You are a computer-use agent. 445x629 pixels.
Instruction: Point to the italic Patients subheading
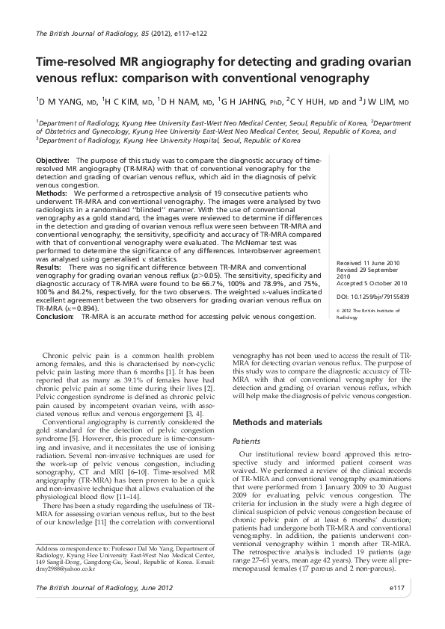point(247,441)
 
